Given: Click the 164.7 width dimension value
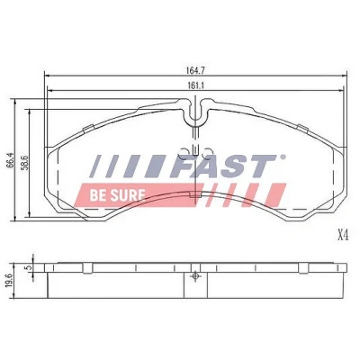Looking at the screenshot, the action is click(196, 70).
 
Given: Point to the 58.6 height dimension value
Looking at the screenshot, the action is click(25, 163).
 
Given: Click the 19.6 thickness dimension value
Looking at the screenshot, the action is click(9, 281).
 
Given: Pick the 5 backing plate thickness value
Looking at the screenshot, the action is click(29, 267).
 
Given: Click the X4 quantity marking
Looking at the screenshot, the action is click(343, 236).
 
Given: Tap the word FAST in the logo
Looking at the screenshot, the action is click(223, 166).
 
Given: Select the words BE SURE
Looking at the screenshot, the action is click(117, 195).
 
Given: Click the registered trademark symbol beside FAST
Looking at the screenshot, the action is click(283, 157).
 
